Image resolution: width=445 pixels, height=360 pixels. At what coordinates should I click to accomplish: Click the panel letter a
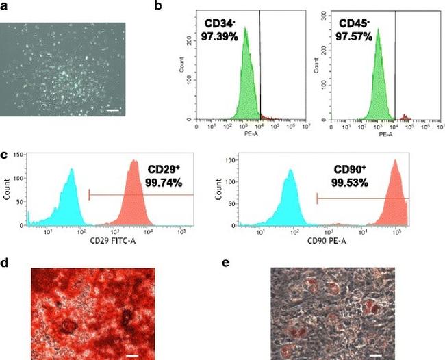tap(4, 6)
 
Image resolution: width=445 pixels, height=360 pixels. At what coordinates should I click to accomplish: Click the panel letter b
tap(159, 6)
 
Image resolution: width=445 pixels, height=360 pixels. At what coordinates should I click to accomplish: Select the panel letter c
tap(4, 154)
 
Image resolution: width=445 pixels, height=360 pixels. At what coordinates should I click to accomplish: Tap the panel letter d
tap(4, 261)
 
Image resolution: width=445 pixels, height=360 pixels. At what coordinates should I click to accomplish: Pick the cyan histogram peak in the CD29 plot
tap(69, 171)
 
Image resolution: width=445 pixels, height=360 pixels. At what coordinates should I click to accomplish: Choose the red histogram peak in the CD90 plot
tap(395, 162)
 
